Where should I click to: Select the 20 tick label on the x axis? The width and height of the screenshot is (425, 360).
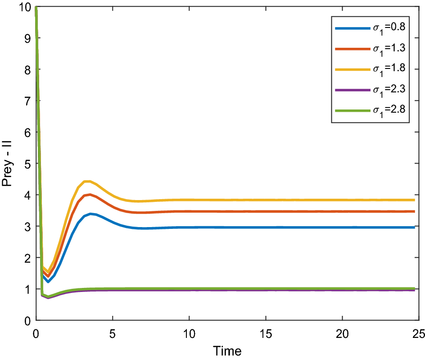coord(343,333)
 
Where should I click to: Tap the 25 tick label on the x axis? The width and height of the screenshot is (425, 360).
coord(419,333)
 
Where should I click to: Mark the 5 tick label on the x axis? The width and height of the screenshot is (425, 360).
coord(113,333)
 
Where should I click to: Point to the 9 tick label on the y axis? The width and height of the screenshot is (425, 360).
coord(27,38)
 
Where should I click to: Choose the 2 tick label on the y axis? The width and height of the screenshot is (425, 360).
coord(27,258)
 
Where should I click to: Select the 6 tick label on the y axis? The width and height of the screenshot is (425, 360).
coord(27,132)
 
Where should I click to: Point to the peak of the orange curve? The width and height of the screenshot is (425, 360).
coord(90,194)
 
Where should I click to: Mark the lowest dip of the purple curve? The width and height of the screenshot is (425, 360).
coord(48,298)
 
